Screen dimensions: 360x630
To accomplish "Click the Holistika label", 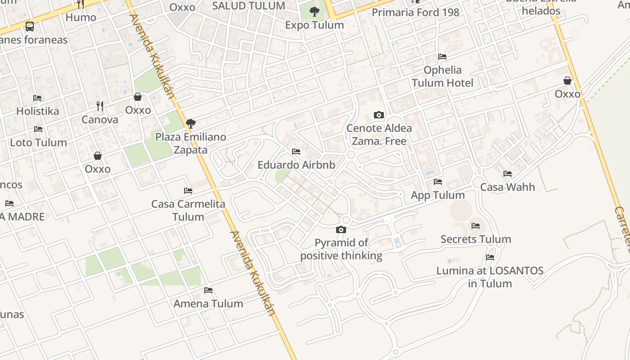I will coord(37,111).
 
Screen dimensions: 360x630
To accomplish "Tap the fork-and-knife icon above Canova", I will coord(100,106).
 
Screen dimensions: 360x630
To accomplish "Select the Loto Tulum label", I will coord(38,142).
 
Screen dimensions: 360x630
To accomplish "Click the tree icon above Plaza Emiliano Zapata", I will coord(190,123).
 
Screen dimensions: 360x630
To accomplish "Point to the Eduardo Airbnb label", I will coord(296,165).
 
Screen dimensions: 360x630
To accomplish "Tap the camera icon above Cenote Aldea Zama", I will coord(379,115).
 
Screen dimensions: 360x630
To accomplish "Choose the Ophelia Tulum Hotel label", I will coord(442,76).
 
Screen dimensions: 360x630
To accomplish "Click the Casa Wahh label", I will coord(507,187).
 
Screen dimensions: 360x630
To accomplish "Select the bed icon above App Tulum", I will coord(438,182).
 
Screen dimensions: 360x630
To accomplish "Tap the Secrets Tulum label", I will coord(476,239).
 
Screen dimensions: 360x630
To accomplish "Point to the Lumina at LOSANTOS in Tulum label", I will coord(490,277).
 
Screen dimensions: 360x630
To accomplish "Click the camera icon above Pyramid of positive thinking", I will coord(341,230).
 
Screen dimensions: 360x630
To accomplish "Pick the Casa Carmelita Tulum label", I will coord(188,210).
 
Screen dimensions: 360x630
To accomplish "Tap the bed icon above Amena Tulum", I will coord(208,290).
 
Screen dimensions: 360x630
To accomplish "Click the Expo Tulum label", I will coord(314,25).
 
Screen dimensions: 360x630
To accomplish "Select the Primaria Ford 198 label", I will coord(415,12).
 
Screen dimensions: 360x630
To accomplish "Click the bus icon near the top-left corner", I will coord(30,26).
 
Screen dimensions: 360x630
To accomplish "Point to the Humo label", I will coord(81,17).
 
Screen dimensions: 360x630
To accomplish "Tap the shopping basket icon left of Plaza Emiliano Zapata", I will coord(138,97).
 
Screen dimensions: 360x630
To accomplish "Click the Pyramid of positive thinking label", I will coord(341,249).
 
